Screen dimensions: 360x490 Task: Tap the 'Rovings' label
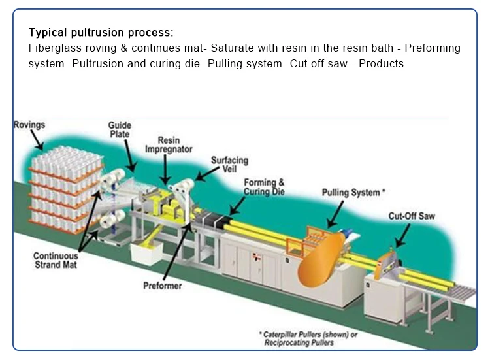(29, 123)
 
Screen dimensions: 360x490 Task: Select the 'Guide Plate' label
(120, 129)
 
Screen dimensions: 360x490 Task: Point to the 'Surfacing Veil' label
(229, 164)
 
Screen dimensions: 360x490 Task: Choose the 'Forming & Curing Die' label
(264, 187)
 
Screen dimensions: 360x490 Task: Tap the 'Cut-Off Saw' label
(412, 216)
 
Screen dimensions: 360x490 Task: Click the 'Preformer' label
(163, 286)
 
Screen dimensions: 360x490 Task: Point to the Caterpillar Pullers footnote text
(312, 338)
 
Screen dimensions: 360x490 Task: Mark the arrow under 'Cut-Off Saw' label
(400, 235)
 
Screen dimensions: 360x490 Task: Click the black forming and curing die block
(212, 225)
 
